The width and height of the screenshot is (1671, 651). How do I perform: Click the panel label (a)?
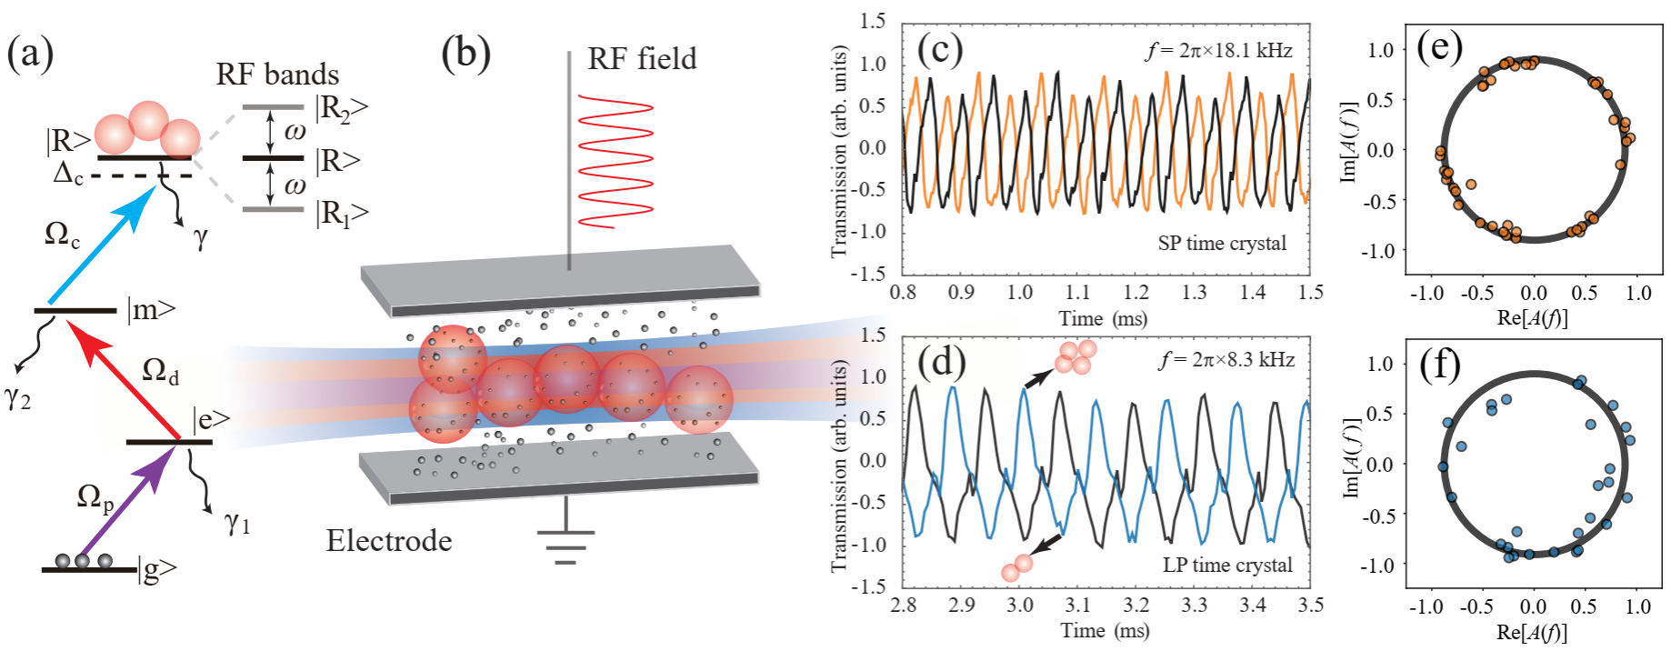[x=30, y=54]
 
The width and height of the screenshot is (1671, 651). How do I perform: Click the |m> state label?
[x=151, y=310]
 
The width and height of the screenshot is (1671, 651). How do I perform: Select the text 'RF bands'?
[x=277, y=75]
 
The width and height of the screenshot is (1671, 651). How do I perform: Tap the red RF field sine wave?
[x=615, y=160]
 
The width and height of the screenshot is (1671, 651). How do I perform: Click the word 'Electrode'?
[x=389, y=541]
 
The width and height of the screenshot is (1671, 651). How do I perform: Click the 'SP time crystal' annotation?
[x=1222, y=244]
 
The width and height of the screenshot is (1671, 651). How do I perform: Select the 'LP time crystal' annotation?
[x=1227, y=565]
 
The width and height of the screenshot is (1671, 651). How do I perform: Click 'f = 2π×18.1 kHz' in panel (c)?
[x=1219, y=51]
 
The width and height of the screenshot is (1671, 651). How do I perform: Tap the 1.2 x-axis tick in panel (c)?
[x=1136, y=293]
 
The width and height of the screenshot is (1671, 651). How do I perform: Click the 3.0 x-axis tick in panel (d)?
[x=1020, y=606]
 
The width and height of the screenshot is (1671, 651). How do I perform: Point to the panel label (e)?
[x=1439, y=45]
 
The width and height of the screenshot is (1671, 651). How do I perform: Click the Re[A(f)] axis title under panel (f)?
[x=1533, y=632]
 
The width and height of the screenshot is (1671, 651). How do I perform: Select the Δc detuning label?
[x=68, y=173]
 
